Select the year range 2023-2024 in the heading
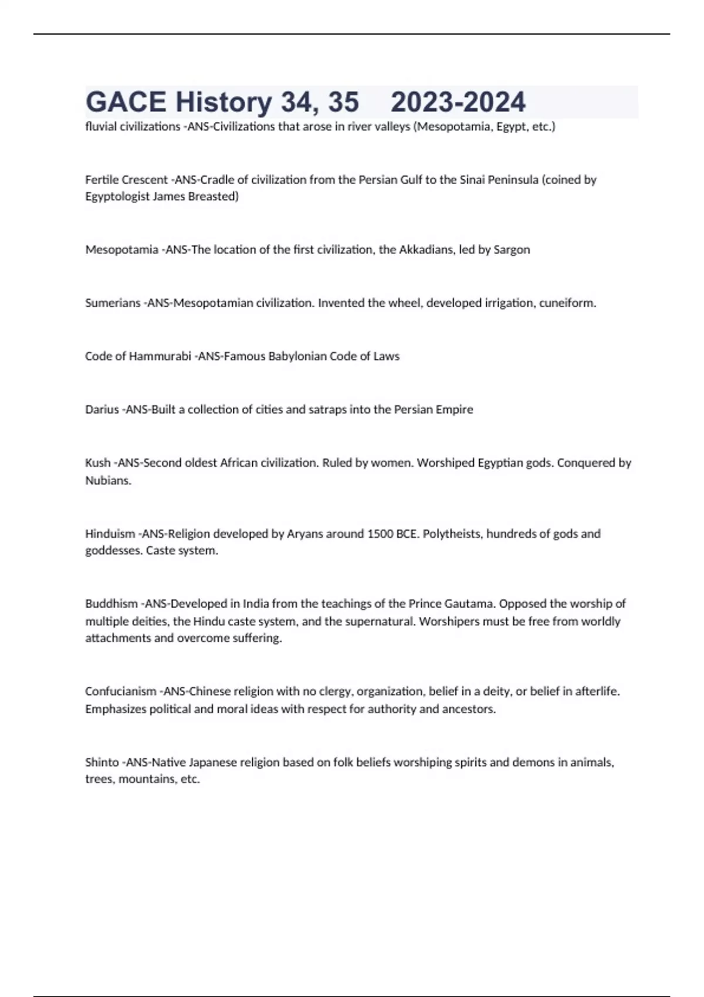[458, 102]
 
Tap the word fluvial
[101, 127]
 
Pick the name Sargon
[512, 250]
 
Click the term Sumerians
[113, 303]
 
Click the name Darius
[101, 409]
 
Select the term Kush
[97, 463]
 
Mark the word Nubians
[108, 480]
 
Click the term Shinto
[102, 762]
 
